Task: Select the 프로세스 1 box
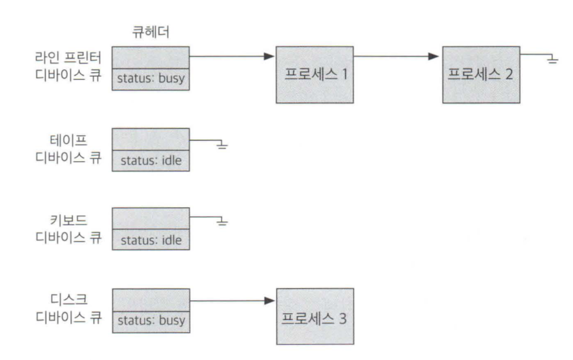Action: pos(315,75)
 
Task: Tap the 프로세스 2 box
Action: pos(482,75)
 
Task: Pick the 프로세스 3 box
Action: pos(315,316)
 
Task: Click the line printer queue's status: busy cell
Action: pos(150,80)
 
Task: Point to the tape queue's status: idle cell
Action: pos(150,161)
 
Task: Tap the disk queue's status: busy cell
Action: pos(150,321)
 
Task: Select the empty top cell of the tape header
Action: pos(150,140)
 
